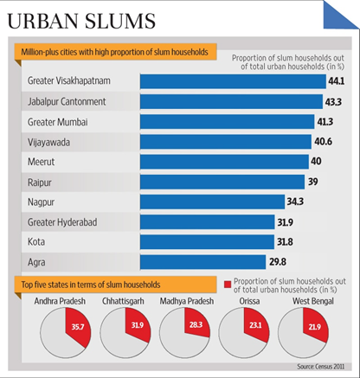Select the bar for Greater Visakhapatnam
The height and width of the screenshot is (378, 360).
point(229,80)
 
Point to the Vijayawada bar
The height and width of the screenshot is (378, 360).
point(225,141)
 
